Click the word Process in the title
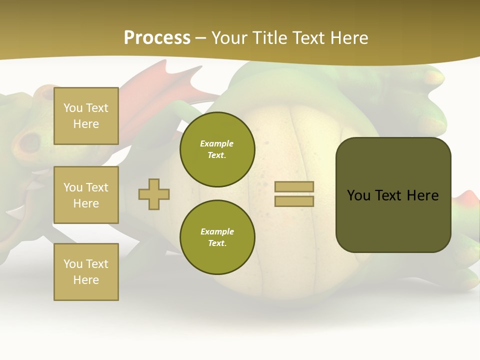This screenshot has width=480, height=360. coord(157,37)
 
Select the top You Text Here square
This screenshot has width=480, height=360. coord(86,116)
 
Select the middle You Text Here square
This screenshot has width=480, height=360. coord(86,195)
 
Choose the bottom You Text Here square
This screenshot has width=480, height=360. coord(86,272)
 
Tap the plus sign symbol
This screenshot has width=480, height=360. coord(154,194)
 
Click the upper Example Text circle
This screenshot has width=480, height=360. coord(217,149)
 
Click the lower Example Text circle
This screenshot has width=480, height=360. coord(217,237)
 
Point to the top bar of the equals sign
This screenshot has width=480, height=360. coord(294,186)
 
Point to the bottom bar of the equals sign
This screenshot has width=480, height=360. coord(294,201)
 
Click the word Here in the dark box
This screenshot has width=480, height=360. coord(422,195)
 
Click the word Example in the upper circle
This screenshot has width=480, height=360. coord(216,143)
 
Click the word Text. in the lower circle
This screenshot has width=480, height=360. coord(217,243)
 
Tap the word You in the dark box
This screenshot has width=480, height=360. coord(358,195)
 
